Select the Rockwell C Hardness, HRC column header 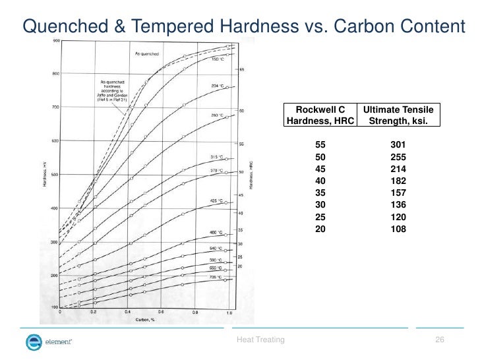(x=320, y=115)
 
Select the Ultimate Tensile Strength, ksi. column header (x=398, y=115)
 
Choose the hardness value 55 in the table (x=321, y=144)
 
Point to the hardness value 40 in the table (x=321, y=181)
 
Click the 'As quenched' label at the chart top (x=146, y=52)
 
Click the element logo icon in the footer (x=34, y=341)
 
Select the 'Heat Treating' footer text (x=260, y=340)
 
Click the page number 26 (x=440, y=340)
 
